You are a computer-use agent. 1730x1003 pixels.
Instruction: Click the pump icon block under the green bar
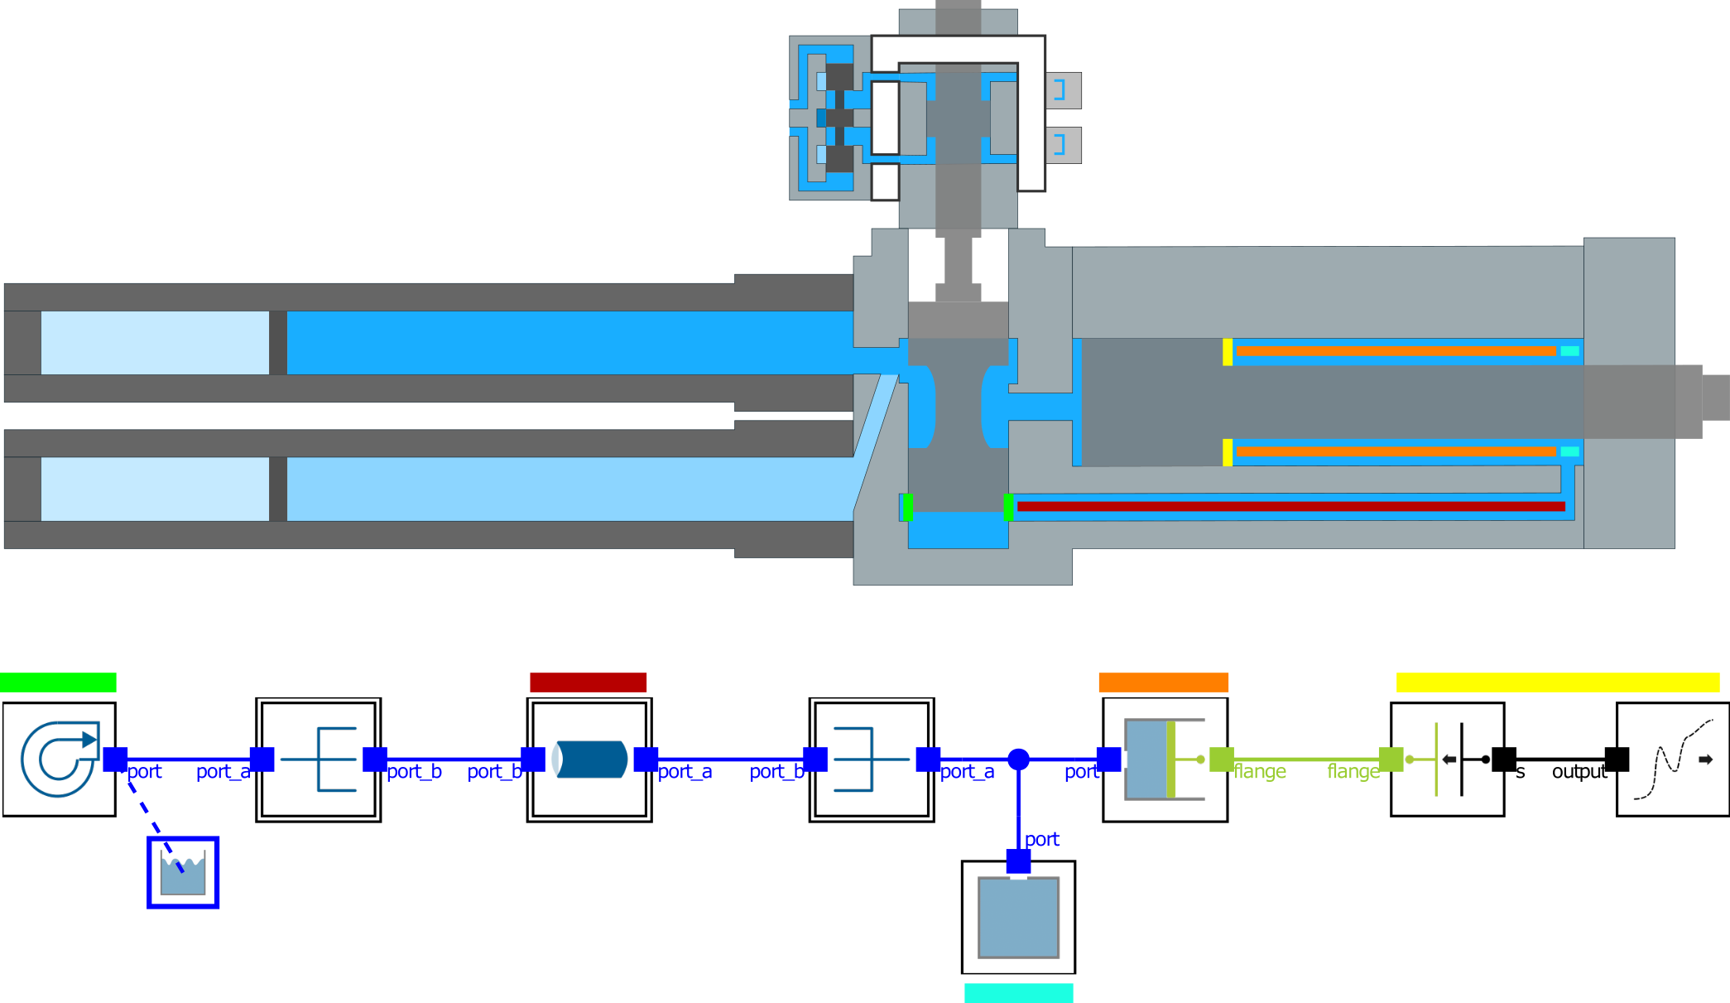(x=59, y=759)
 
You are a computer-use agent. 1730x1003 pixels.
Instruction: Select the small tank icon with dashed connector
(x=183, y=872)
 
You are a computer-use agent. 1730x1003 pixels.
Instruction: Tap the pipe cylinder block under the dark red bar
(x=589, y=759)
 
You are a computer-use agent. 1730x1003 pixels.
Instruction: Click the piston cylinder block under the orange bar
(x=1165, y=759)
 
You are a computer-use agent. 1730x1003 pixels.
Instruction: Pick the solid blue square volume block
(x=1018, y=918)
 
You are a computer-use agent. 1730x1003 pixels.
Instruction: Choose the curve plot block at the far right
(x=1672, y=759)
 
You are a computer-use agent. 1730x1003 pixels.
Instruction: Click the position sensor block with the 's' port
(x=1447, y=759)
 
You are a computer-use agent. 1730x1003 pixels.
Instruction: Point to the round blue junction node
(x=1018, y=759)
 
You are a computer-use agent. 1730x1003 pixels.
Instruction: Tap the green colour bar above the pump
(x=58, y=682)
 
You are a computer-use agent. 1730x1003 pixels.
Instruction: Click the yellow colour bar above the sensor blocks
(x=1557, y=682)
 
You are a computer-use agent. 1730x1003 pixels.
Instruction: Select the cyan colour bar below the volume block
(x=1018, y=992)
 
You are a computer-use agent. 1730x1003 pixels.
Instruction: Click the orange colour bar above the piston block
(x=1163, y=682)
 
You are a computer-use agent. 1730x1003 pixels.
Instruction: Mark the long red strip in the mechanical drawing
(x=1290, y=506)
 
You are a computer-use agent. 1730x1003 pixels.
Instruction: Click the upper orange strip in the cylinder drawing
(x=1396, y=351)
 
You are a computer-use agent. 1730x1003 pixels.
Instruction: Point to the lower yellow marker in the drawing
(x=1228, y=452)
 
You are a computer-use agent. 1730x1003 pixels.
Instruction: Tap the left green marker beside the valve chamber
(x=908, y=507)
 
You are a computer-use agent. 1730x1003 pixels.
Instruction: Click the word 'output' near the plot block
(x=1579, y=772)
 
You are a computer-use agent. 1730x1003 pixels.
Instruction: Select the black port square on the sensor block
(x=1503, y=759)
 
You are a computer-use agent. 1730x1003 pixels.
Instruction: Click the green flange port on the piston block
(x=1221, y=759)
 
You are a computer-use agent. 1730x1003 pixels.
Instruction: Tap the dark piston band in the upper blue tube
(x=278, y=343)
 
